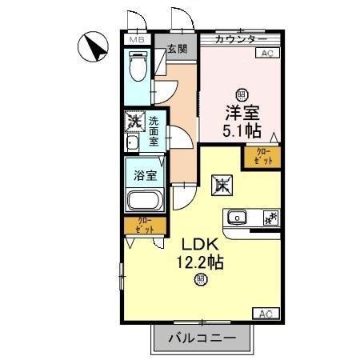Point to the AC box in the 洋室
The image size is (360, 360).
[266, 54]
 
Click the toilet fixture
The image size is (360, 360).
[137, 67]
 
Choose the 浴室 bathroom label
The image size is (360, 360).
[144, 173]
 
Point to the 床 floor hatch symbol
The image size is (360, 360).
[222, 186]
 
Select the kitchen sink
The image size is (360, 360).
[238, 218]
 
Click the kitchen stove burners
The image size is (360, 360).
[270, 218]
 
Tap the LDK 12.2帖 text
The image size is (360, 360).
[199, 252]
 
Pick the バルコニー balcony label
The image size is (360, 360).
[202, 338]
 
